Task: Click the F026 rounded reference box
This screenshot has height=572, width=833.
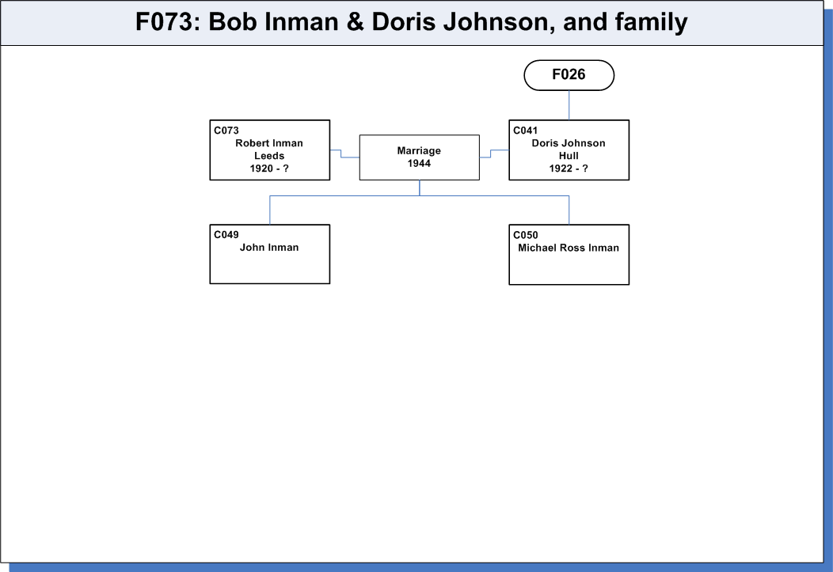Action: point(569,75)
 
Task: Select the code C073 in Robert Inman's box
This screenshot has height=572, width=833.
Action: point(226,131)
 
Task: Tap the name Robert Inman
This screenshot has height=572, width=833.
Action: point(269,143)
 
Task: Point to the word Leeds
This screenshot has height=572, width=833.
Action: point(269,156)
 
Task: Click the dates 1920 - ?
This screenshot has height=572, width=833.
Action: point(269,169)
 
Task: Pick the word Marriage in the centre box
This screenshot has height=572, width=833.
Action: point(419,150)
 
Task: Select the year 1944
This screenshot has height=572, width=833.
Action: point(419,164)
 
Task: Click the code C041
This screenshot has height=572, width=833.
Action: point(526,131)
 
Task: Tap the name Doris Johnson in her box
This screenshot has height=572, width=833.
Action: point(569,143)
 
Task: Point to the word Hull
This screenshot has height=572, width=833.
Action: point(569,156)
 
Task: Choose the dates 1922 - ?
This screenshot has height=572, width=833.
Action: point(569,169)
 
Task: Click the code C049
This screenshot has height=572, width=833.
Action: point(226,235)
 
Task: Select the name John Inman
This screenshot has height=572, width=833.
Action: point(269,248)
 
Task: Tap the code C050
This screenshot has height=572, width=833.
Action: point(526,235)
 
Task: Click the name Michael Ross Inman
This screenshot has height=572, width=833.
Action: point(569,248)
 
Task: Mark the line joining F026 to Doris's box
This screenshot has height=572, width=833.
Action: point(569,105)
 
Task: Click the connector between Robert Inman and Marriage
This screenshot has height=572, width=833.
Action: point(341,153)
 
